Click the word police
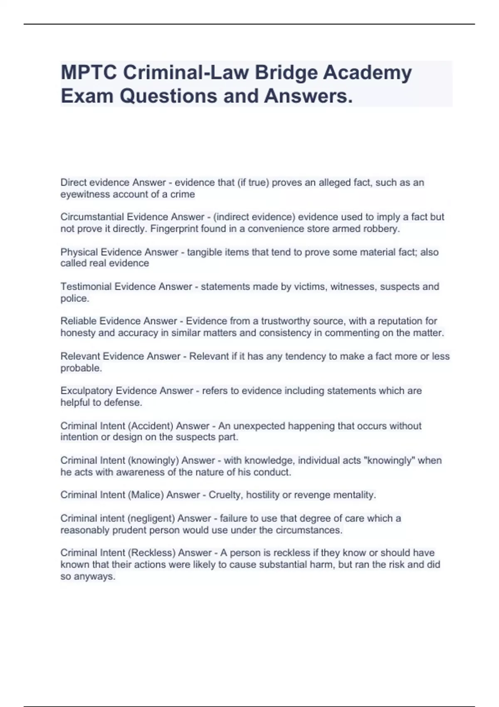pos(74,298)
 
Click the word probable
pos(81,368)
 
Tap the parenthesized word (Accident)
pos(152,426)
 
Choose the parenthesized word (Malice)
pos(146,495)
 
